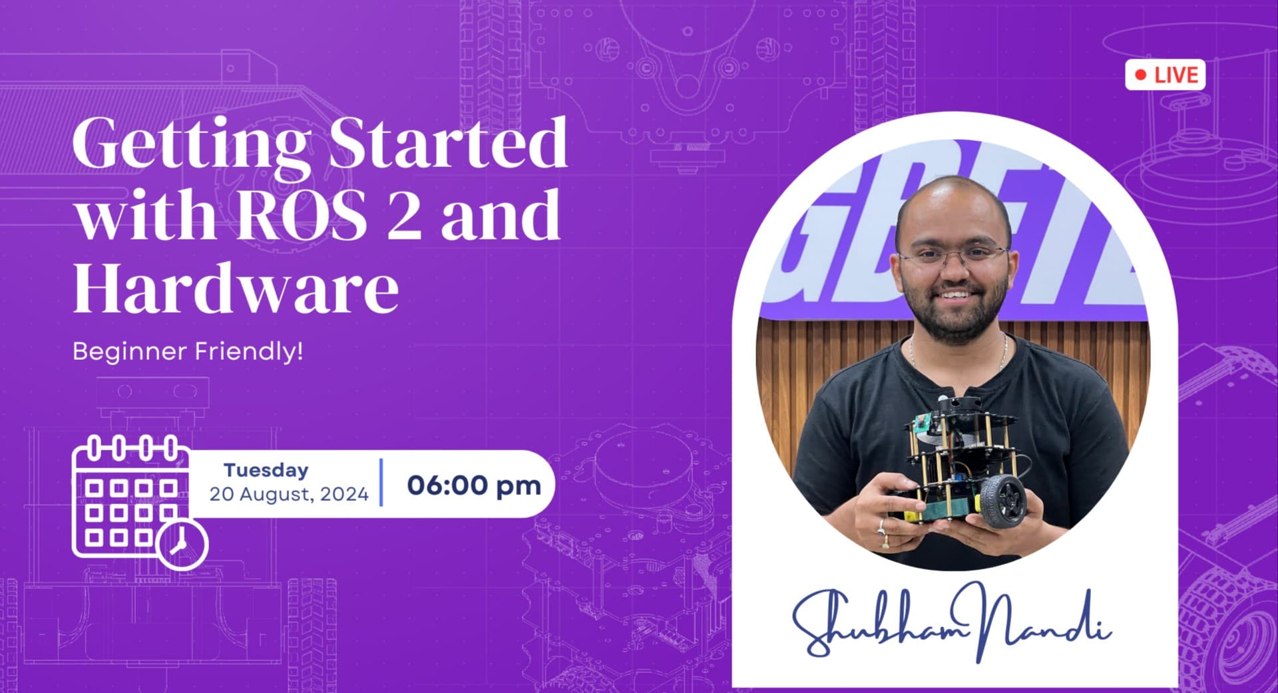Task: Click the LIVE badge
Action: click(x=1165, y=75)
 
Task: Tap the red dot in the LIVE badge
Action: click(x=1141, y=75)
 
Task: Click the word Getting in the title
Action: click(x=190, y=143)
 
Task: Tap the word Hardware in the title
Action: click(x=236, y=288)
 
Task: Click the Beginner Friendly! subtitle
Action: click(x=188, y=351)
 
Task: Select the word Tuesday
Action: click(x=266, y=470)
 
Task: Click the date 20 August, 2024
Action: click(x=289, y=494)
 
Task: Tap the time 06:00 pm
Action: click(x=474, y=485)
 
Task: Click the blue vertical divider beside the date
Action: click(x=381, y=482)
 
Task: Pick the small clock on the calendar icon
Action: click(x=182, y=544)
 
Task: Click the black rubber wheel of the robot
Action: click(x=1002, y=500)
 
